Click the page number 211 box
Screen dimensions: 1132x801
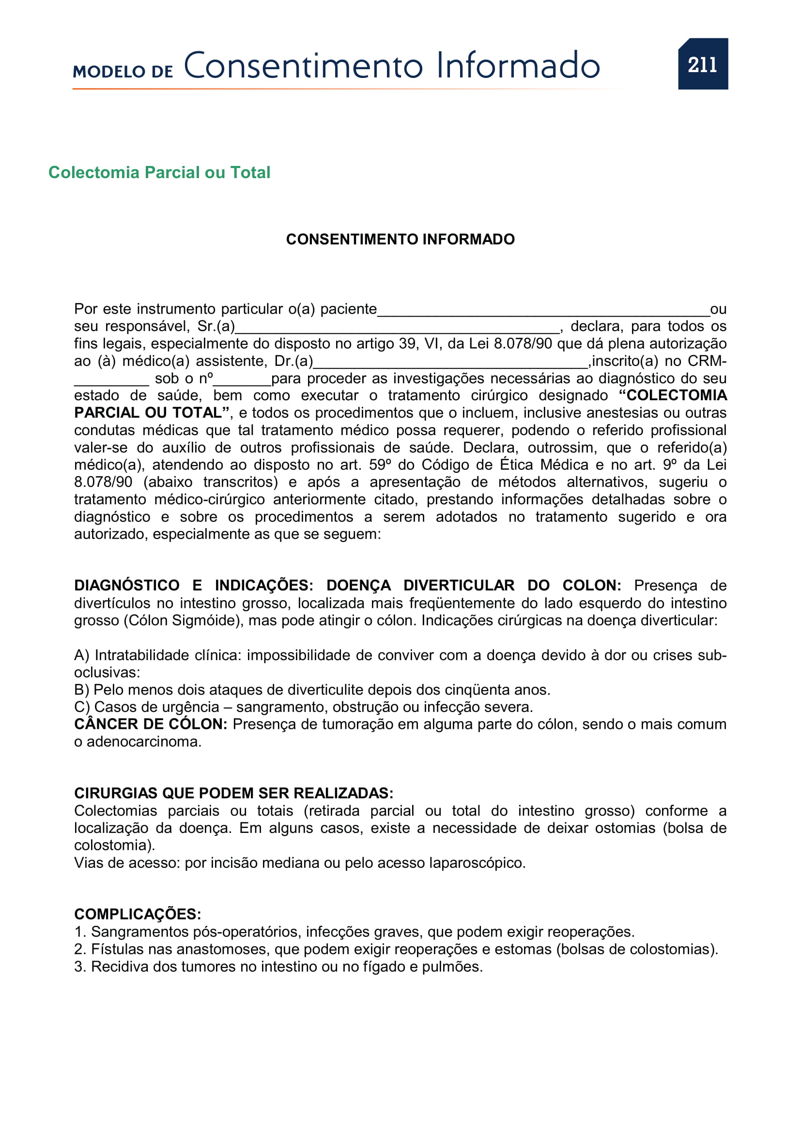point(702,64)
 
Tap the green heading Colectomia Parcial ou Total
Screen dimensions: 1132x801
point(159,173)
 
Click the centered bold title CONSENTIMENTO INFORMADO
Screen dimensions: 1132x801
point(400,239)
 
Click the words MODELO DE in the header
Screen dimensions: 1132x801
point(123,72)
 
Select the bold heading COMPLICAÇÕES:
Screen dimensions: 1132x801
point(138,914)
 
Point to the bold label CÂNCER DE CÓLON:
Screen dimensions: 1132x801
point(151,724)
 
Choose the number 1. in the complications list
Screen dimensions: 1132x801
point(80,932)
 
